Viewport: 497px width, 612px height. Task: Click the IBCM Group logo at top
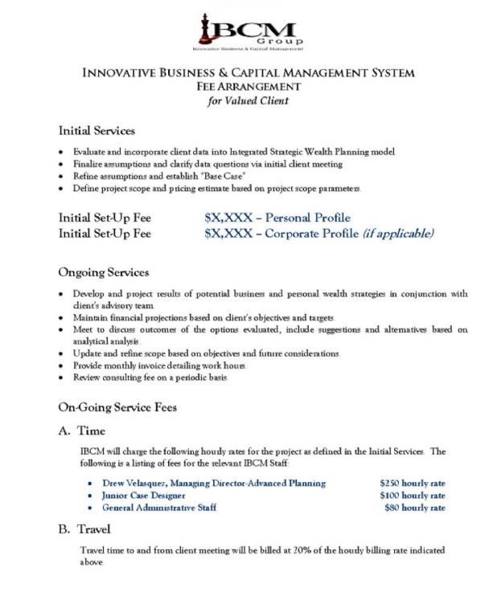click(249, 30)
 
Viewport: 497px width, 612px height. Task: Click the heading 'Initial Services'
click(97, 131)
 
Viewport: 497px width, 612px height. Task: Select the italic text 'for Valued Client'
click(249, 101)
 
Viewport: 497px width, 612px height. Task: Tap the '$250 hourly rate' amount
click(413, 483)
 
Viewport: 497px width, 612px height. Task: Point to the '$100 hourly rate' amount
click(413, 496)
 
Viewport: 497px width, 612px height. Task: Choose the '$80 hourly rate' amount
click(414, 508)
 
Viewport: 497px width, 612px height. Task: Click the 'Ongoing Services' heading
click(104, 273)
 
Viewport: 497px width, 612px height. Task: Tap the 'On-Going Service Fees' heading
click(117, 408)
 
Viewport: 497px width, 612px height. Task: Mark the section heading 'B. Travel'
click(84, 531)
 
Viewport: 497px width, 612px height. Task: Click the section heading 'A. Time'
click(82, 431)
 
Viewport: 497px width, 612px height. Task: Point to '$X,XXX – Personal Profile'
click(277, 218)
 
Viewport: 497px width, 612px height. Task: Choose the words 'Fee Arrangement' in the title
click(249, 87)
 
